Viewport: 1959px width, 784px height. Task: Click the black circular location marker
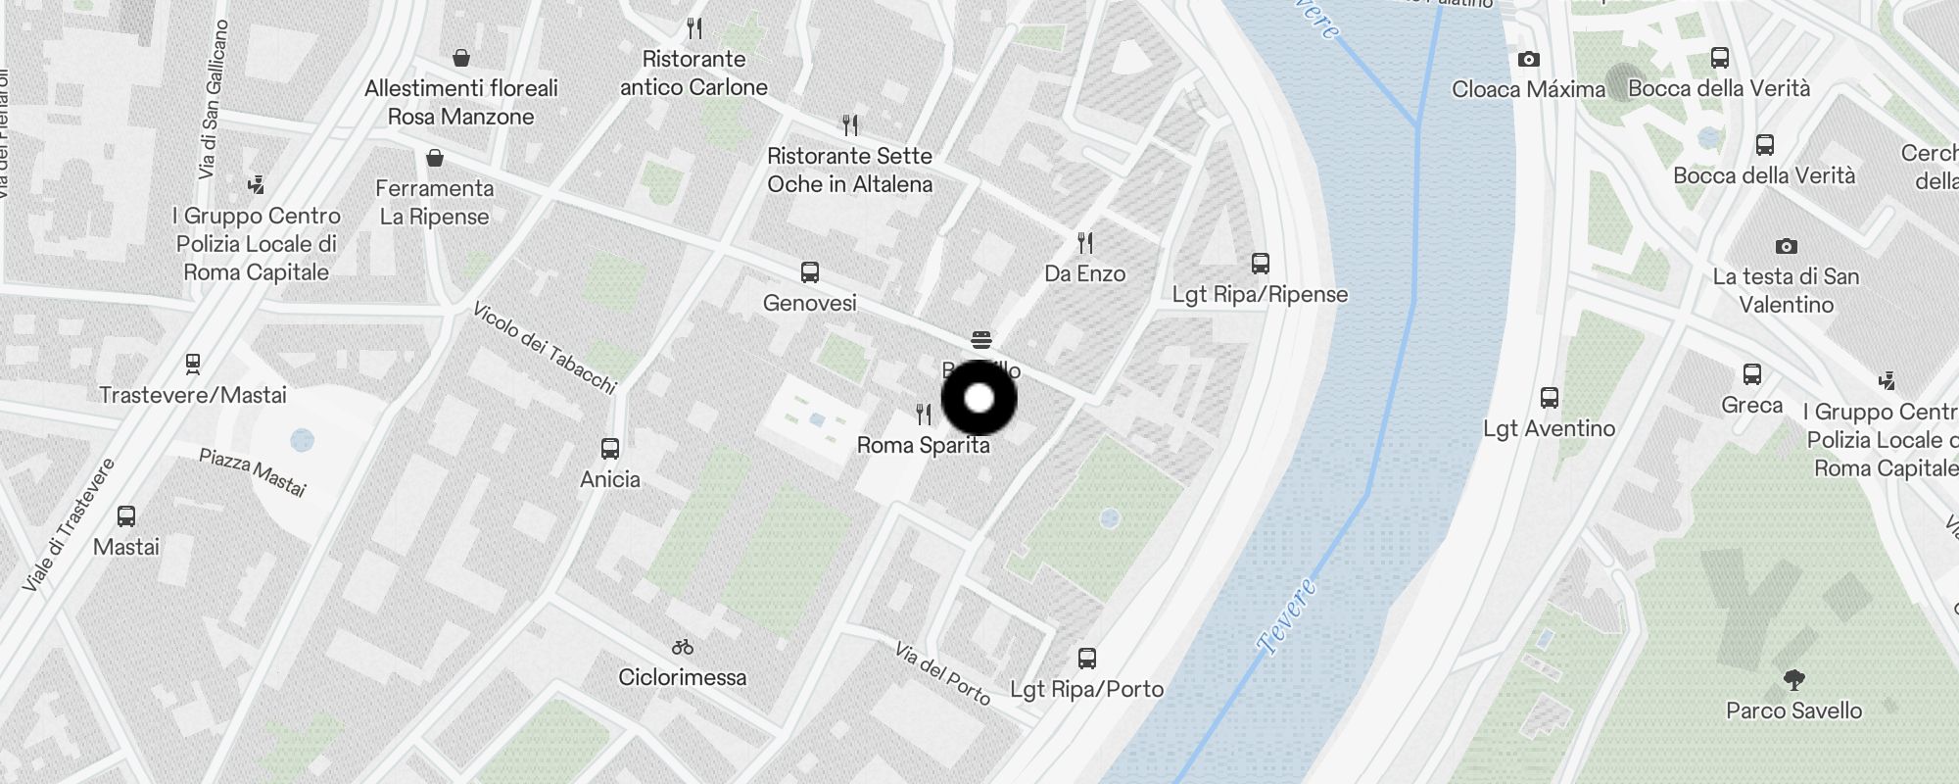click(979, 399)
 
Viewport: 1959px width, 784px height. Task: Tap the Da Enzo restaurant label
click(1084, 273)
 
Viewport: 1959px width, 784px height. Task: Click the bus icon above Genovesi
click(809, 272)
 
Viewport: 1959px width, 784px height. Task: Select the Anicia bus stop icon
click(609, 449)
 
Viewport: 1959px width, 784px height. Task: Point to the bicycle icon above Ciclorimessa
click(683, 647)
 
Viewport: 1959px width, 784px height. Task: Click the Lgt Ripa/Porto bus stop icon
click(1086, 658)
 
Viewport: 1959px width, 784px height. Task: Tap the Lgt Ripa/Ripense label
click(1260, 294)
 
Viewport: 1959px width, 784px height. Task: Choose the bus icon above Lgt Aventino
click(1549, 398)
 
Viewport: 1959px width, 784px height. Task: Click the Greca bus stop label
click(1751, 405)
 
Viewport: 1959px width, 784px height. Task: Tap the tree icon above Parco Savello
click(1793, 679)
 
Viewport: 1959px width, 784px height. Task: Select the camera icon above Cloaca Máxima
click(1528, 60)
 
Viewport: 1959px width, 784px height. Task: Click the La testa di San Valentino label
click(1786, 290)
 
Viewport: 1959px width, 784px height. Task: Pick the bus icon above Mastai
click(125, 516)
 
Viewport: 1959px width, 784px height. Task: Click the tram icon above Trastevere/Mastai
click(193, 365)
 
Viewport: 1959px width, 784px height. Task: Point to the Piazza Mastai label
click(253, 472)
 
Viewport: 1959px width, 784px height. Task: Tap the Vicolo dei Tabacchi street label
click(544, 348)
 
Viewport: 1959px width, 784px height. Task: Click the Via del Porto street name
click(942, 672)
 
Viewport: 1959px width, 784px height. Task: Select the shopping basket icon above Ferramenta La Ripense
click(434, 158)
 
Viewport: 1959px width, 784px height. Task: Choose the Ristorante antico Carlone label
click(693, 73)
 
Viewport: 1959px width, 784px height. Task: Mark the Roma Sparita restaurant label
click(923, 445)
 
